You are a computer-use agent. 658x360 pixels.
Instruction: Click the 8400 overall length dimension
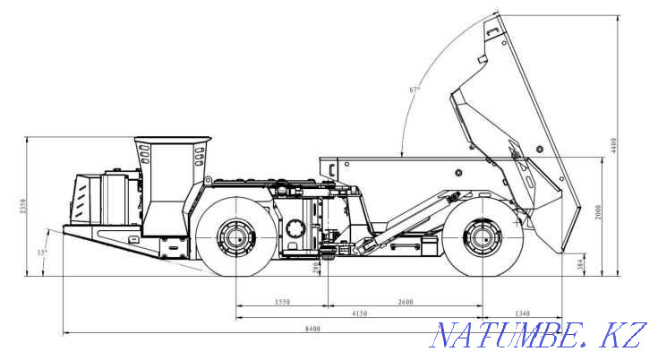point(312,329)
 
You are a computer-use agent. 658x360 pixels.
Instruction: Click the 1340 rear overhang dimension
point(522,313)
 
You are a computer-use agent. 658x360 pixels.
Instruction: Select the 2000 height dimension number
point(597,212)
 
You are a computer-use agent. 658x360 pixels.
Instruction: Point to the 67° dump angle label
point(414,90)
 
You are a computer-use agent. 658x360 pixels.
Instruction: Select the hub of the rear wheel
point(482,239)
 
